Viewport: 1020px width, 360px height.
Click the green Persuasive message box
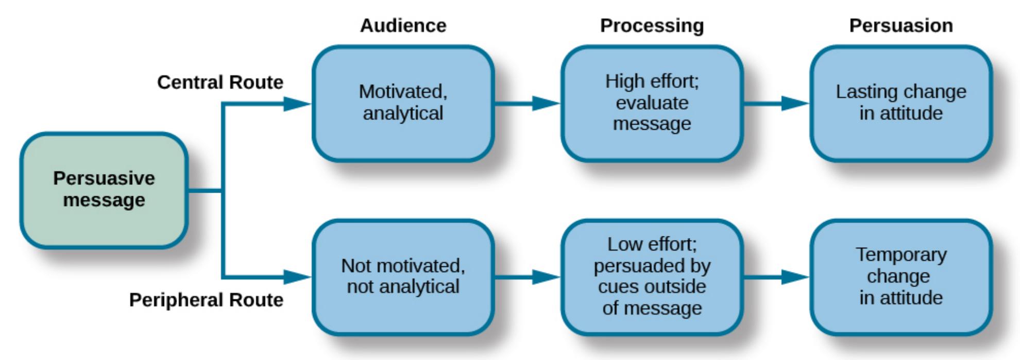[104, 190]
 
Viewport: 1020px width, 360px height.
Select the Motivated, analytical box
[403, 103]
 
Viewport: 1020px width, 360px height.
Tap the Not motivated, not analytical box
[403, 277]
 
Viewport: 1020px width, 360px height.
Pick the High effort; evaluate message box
[652, 103]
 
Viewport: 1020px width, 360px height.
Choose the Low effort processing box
[652, 277]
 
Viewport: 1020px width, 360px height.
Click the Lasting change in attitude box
[900, 103]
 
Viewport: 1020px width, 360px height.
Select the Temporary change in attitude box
[900, 277]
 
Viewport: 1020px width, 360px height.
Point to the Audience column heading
[403, 26]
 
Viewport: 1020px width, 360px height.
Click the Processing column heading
[652, 26]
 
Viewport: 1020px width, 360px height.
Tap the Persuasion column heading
[900, 26]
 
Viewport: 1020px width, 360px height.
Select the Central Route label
[220, 82]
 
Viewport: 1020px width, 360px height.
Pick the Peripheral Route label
[206, 300]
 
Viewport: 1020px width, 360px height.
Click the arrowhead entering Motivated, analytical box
[297, 104]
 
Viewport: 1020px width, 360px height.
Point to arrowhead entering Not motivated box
[297, 277]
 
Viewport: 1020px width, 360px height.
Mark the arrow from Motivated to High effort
[527, 104]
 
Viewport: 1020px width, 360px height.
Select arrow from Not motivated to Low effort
[527, 277]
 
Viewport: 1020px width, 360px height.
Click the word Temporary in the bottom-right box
[900, 254]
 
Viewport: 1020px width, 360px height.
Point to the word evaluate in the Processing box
[652, 103]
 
